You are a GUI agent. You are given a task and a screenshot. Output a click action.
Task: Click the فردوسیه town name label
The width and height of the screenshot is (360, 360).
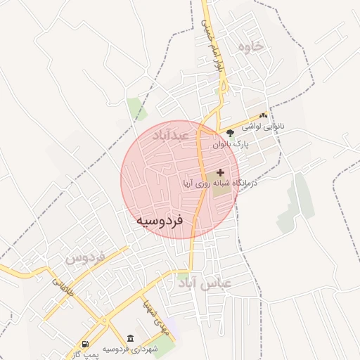pos(160,220)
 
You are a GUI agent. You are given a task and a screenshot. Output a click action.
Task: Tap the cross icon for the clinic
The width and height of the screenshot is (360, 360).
pos(221,172)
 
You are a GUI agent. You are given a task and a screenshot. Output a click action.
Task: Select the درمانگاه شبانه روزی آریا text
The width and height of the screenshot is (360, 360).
pos(219,183)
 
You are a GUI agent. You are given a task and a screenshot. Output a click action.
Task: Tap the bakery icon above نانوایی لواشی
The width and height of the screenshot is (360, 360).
pos(264,115)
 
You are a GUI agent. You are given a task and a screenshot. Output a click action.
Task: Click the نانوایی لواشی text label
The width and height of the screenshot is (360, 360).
pos(262,127)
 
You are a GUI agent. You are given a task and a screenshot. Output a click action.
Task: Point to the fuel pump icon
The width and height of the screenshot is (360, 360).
pos(86,344)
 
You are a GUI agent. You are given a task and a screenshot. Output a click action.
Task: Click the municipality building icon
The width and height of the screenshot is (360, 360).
pos(131,338)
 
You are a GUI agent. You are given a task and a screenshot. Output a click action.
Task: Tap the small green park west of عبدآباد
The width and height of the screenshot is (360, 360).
pos(134,108)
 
